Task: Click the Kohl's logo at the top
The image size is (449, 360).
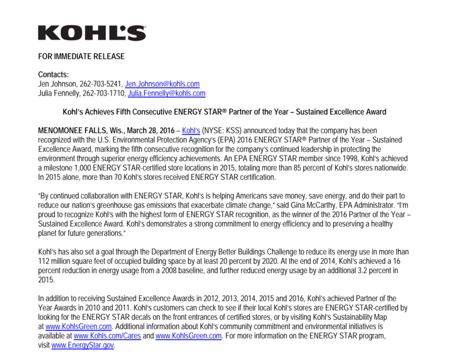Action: (92, 32)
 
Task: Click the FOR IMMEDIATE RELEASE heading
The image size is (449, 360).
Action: (81, 57)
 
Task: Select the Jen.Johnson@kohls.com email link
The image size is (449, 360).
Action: (162, 84)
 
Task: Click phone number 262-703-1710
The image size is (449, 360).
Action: (105, 93)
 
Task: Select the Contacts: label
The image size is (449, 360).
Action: (53, 75)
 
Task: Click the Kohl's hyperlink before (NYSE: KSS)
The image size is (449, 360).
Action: (191, 131)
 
